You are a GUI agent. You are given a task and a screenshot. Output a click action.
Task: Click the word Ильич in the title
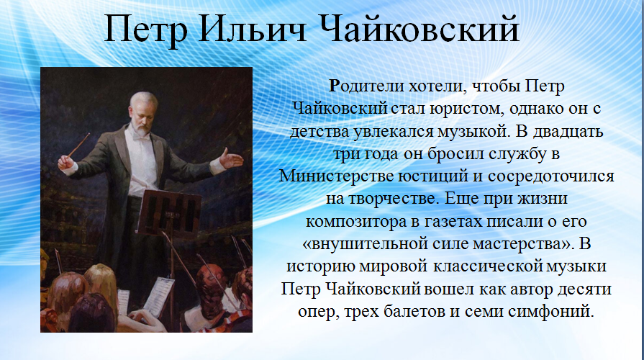click(x=251, y=30)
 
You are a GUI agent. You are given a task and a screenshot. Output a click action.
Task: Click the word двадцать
click(x=568, y=132)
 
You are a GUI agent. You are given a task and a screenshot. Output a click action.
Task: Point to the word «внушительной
click(x=365, y=244)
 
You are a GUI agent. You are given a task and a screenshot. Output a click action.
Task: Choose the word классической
click(x=487, y=266)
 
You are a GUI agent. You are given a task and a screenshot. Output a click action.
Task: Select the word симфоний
click(x=550, y=312)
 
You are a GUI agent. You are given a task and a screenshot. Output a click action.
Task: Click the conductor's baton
click(x=78, y=145)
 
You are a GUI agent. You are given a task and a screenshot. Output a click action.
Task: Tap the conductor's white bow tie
click(x=140, y=138)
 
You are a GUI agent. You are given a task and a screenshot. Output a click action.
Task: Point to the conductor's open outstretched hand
click(x=230, y=159)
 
